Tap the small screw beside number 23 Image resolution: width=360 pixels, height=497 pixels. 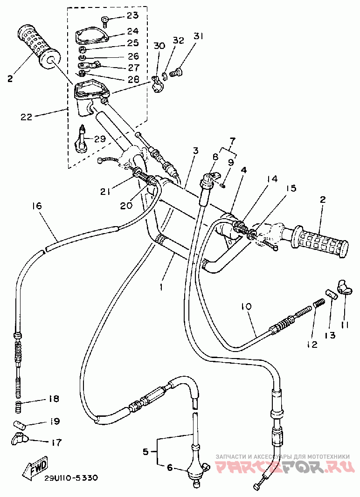[104, 20]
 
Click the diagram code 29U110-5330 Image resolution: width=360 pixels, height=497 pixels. [71, 478]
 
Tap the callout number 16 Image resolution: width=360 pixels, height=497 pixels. [36, 206]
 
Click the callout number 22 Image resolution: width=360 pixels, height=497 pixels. [26, 117]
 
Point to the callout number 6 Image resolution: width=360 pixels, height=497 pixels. [170, 468]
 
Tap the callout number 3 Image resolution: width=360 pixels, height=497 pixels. [195, 151]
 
